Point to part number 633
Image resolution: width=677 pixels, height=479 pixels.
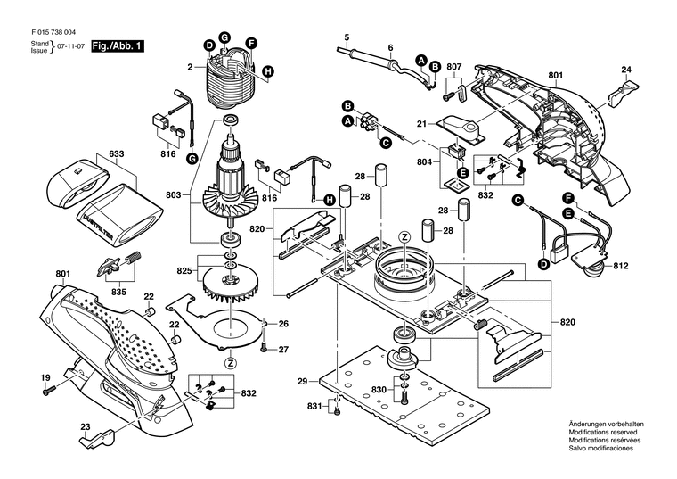[x=116, y=154]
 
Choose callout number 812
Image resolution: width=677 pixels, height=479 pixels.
[x=621, y=265]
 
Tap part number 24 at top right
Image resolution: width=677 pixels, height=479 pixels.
[x=626, y=70]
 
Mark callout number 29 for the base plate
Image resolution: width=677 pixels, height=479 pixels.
[x=302, y=381]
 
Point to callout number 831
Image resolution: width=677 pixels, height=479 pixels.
[x=314, y=407]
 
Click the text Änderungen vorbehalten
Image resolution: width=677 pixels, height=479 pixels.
[x=606, y=424]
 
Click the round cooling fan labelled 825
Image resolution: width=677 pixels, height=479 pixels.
[x=229, y=285]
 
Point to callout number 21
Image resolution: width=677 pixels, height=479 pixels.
[x=422, y=124]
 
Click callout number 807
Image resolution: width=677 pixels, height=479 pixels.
[x=454, y=67]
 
